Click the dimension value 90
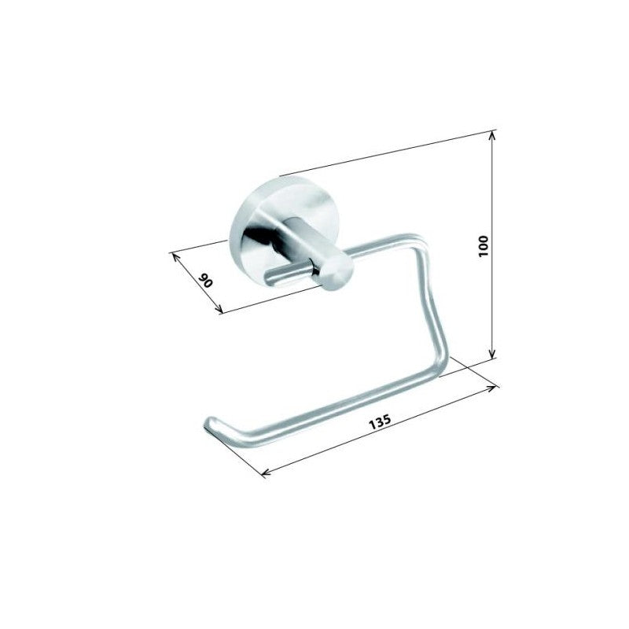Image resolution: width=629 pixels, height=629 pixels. point(205,280)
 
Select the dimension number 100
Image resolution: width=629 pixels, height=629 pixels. point(483,247)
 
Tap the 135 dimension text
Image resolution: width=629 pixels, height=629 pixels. point(379,421)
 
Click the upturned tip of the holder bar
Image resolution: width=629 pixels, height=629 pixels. point(209,424)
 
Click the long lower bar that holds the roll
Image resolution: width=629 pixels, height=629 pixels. point(330,408)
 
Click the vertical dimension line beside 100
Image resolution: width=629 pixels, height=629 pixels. point(493,197)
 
